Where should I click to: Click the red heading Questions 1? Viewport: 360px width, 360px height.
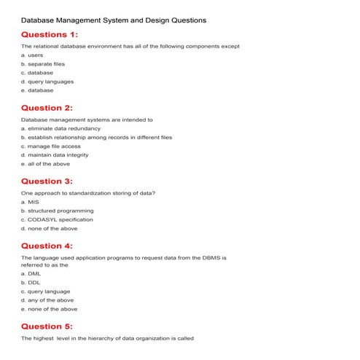coord(50,34)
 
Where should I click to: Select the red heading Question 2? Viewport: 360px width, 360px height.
coord(47,108)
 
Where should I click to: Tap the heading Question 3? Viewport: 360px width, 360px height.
coord(47,181)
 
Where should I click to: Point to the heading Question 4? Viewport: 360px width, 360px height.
coord(47,246)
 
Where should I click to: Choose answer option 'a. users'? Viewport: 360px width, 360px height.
coord(32,55)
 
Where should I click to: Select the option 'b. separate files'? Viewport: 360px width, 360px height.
coord(43,64)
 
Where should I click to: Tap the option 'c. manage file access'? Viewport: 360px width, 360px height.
coord(50,146)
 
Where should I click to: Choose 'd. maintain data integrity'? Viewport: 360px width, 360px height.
coord(55,154)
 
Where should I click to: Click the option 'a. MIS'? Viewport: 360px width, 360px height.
coord(30,202)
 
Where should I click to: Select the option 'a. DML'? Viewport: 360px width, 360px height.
coord(31,274)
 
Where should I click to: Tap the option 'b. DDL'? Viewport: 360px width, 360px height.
coord(31,283)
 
